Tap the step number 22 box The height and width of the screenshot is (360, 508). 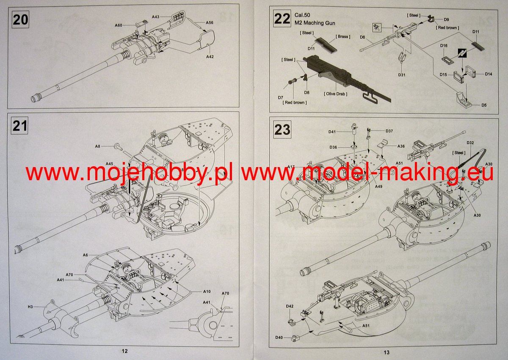pyautogui.click(x=282, y=19)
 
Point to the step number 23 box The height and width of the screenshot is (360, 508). pyautogui.click(x=282, y=129)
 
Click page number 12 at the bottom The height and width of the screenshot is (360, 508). pyautogui.click(x=124, y=351)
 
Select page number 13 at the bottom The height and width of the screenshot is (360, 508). pyautogui.click(x=386, y=352)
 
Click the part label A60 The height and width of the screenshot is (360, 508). pyautogui.click(x=119, y=25)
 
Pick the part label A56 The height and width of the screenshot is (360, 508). pyautogui.click(x=209, y=22)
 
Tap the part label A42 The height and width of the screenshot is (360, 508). pyautogui.click(x=210, y=56)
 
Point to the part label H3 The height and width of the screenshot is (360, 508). pyautogui.click(x=30, y=306)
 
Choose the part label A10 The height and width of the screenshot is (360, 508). pyautogui.click(x=207, y=291)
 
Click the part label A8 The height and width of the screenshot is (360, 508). pyautogui.click(x=97, y=146)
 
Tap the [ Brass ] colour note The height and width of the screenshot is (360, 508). pyautogui.click(x=343, y=37)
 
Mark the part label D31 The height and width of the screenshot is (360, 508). pyautogui.click(x=402, y=75)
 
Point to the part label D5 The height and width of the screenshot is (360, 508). pyautogui.click(x=484, y=105)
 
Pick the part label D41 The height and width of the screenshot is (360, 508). pyautogui.click(x=332, y=132)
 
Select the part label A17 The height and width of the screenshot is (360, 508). pyautogui.click(x=291, y=167)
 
